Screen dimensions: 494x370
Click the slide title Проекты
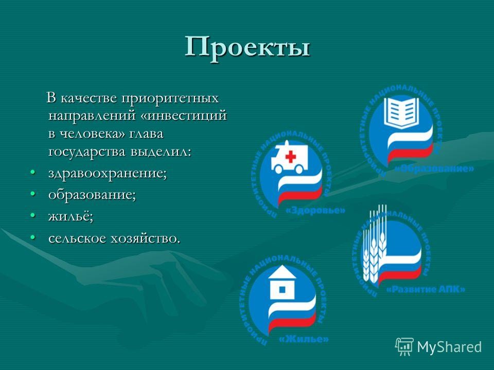pos(248,47)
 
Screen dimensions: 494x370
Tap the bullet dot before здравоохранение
pos(32,172)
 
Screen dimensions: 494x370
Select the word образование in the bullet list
pos(92,194)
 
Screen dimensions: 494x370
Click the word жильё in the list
pos(71,216)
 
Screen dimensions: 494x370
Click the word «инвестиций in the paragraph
pos(183,116)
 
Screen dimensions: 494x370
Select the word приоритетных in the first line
pos(170,98)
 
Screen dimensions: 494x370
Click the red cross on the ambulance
pos(290,157)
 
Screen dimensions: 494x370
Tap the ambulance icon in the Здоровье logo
pos(288,157)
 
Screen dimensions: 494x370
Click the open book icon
pos(401,113)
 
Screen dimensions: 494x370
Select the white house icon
pos(283,282)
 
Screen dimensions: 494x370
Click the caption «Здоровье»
pos(315,210)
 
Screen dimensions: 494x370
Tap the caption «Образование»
pos(434,169)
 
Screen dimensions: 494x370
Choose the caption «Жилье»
pos(304,339)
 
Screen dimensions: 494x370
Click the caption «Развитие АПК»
pos(426,289)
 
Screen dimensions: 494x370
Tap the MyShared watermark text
pos(449,347)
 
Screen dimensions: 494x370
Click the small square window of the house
pos(283,289)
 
